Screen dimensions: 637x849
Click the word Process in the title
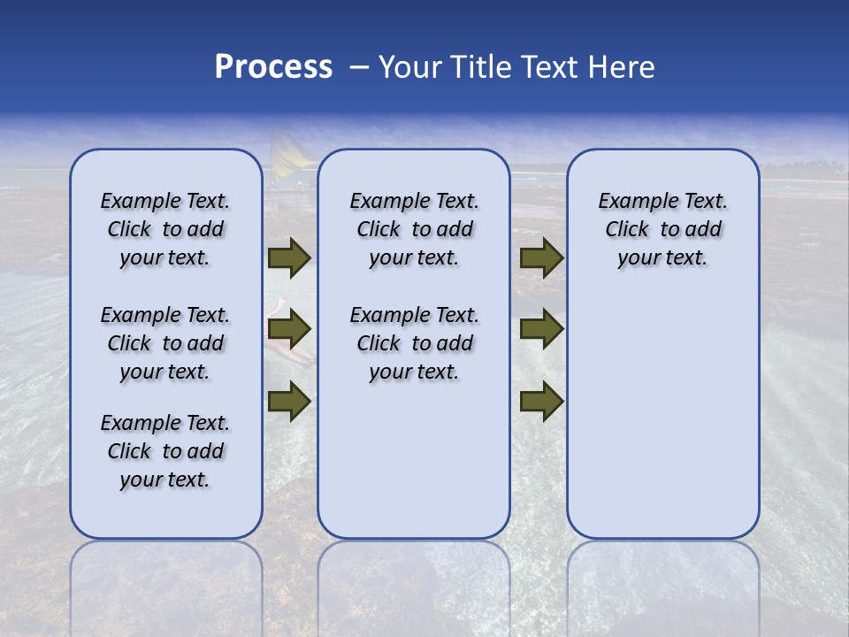click(273, 67)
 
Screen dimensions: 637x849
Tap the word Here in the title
click(623, 67)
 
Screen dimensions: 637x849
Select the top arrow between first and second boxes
click(288, 258)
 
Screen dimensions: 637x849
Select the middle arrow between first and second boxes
click(288, 330)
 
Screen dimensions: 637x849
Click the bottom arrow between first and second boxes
click(288, 401)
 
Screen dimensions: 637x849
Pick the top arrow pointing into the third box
click(541, 258)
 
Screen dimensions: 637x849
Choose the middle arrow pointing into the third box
click(541, 330)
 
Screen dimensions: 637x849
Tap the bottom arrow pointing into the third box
click(541, 401)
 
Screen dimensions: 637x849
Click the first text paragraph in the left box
click(165, 229)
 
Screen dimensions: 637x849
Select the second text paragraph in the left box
click(165, 343)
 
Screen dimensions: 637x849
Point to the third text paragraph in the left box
click(165, 451)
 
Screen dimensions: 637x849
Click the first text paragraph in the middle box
click(414, 229)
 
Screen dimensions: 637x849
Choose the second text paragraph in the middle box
click(414, 343)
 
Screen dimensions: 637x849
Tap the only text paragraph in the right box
click(662, 229)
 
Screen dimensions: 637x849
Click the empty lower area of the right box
click(662, 416)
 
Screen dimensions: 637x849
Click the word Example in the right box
click(631, 202)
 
